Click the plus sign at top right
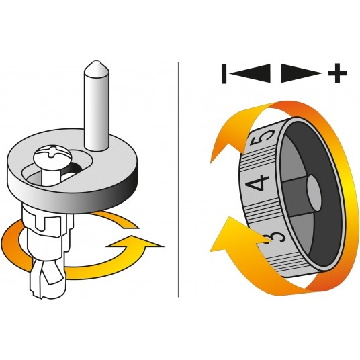pos(337,73)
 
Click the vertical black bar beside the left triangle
pos(224,74)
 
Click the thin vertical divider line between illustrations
pos(179,179)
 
